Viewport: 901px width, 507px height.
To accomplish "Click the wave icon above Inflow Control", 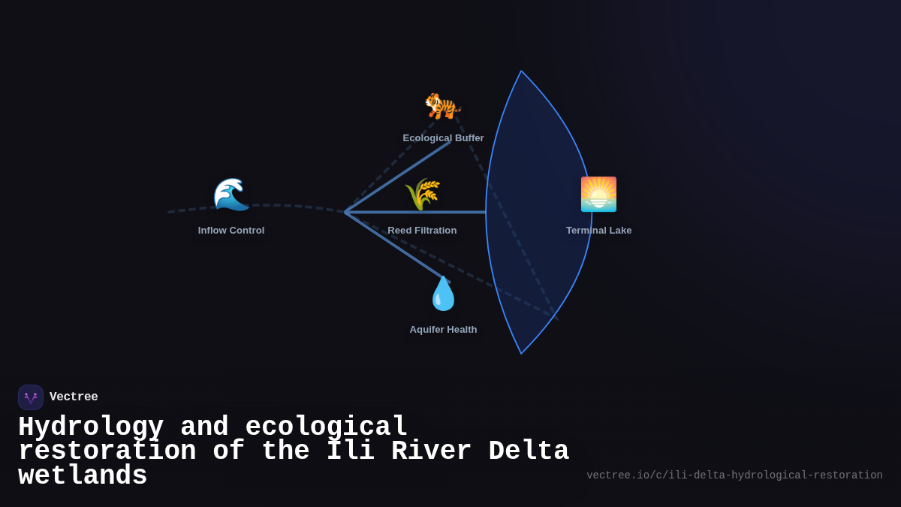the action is tap(231, 195).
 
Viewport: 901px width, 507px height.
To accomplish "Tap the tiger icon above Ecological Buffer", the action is tap(442, 106).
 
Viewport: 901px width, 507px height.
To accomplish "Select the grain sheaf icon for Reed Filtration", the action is tap(422, 195).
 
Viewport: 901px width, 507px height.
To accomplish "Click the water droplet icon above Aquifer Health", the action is tap(443, 293).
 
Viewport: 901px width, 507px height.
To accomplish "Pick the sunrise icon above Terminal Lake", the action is tap(598, 195).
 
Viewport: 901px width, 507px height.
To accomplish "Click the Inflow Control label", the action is tap(231, 231).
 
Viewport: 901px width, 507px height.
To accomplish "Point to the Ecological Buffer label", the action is tap(443, 138).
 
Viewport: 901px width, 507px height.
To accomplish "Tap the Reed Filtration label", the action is tap(422, 231).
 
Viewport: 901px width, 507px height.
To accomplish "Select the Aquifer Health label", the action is tap(443, 330).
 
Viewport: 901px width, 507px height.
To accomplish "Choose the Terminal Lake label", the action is tap(598, 231).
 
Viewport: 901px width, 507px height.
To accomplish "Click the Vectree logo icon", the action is tap(31, 397).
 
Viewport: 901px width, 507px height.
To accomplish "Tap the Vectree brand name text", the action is tap(74, 397).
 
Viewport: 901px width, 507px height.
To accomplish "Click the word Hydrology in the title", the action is tap(91, 427).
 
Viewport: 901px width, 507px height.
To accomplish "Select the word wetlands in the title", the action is tap(83, 476).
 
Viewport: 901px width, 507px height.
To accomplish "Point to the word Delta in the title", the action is tap(529, 451).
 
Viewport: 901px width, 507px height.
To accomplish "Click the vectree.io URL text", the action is tap(734, 475).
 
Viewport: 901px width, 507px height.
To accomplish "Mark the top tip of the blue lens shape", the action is tap(521, 71).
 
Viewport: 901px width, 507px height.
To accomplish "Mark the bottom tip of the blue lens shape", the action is tap(521, 353).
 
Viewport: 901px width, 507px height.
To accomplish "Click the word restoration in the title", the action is tap(107, 451).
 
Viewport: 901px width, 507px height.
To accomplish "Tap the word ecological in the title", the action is tap(327, 427).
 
